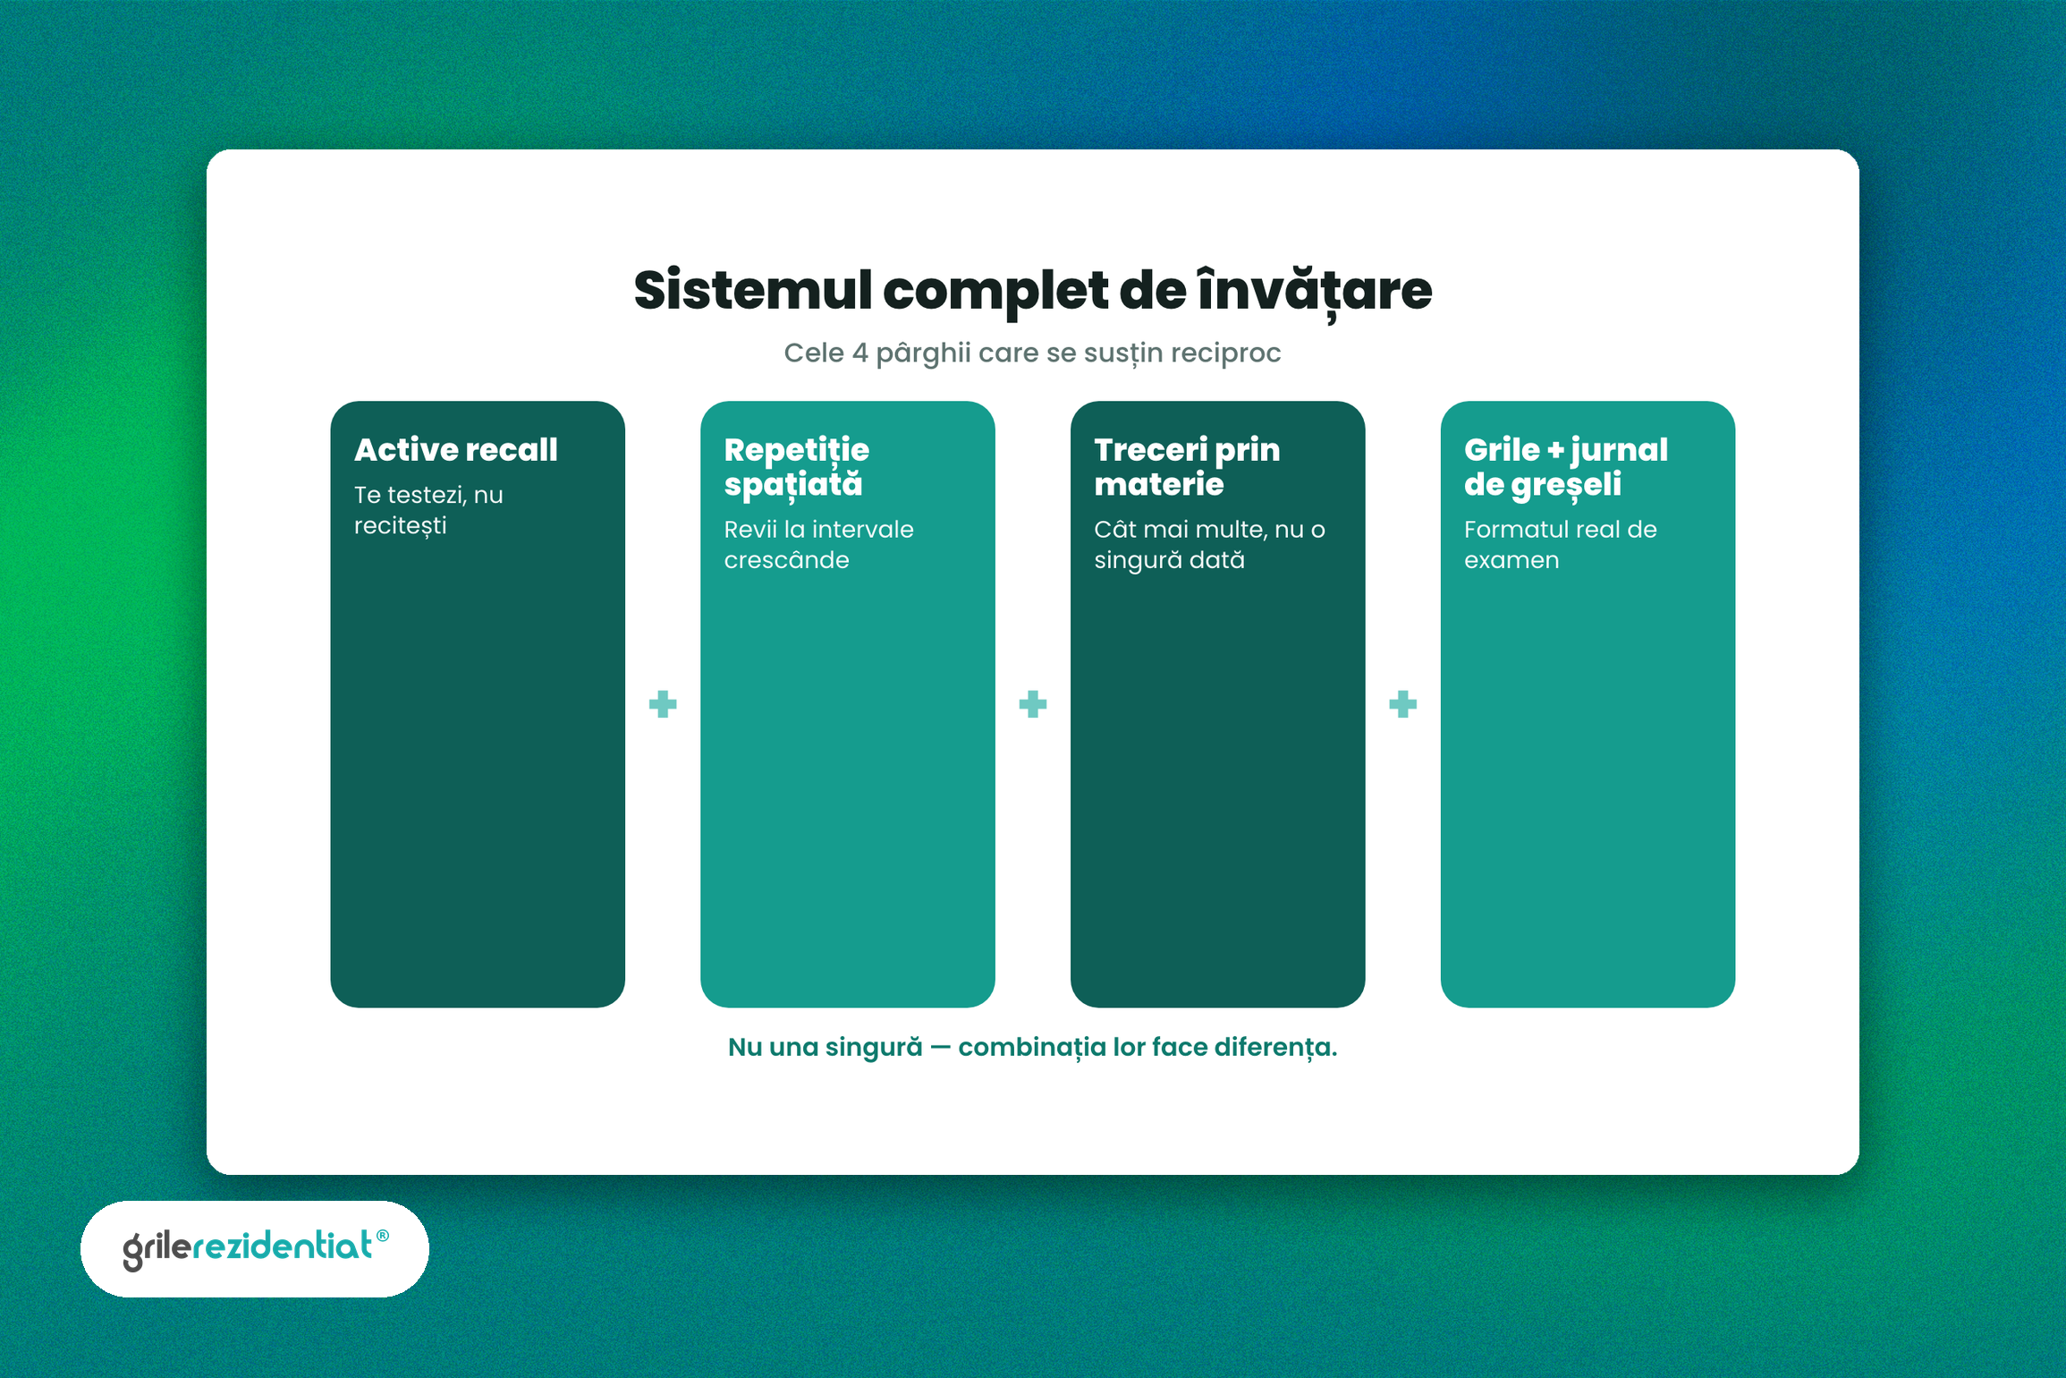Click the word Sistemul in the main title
point(752,291)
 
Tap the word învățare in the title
point(1315,290)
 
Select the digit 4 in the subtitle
point(859,353)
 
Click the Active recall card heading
point(456,449)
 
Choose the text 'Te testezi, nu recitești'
point(428,510)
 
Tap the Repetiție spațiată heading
point(796,466)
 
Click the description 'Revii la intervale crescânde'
point(818,544)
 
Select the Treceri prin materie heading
point(1187,466)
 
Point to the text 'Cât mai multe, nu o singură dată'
point(1209,544)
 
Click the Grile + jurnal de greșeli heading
point(1565,466)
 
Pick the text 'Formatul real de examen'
point(1560,544)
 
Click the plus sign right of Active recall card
point(663,704)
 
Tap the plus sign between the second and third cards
point(1033,704)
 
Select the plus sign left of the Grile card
point(1403,704)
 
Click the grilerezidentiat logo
point(256,1248)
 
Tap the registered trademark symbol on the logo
point(383,1236)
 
